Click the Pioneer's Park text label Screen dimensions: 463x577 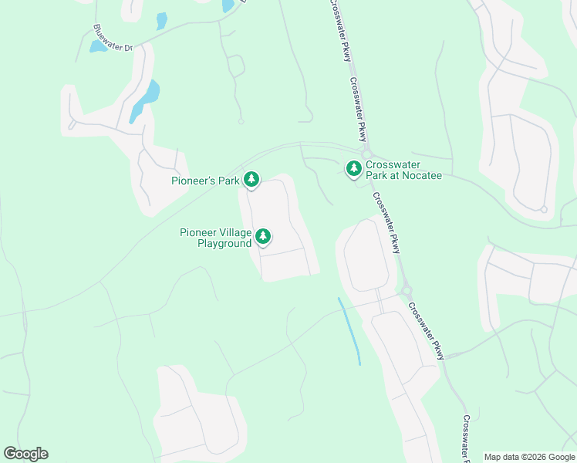pos(205,181)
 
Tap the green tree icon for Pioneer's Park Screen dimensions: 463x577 pos(251,181)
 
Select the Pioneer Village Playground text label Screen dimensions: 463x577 pos(215,237)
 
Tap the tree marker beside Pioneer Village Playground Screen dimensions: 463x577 pos(263,236)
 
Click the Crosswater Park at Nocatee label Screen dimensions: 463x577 pos(403,170)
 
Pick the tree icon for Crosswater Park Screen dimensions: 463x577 pos(354,168)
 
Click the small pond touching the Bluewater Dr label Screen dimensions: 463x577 pos(99,46)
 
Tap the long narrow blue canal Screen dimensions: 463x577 pos(349,330)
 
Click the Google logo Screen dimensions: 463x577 pos(25,454)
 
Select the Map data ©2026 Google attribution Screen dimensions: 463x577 pos(528,457)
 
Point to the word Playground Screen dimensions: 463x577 pos(224,243)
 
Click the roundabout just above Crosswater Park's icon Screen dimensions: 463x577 pos(366,153)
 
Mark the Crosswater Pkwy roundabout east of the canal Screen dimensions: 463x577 pos(407,291)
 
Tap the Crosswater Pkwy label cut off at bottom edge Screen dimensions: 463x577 pos(467,440)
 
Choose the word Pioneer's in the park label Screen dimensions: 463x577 pos(191,181)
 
